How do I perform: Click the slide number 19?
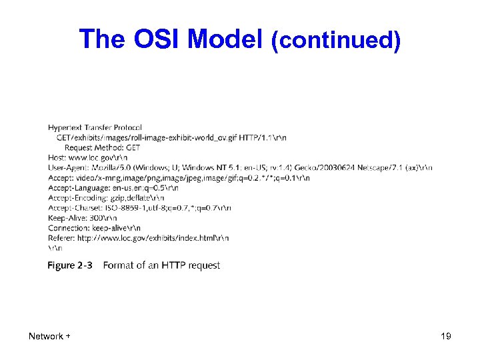click(x=445, y=336)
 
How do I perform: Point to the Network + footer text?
click(x=50, y=336)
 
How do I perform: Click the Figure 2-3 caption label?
click(x=70, y=265)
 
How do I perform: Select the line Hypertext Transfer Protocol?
click(x=95, y=127)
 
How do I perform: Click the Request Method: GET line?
click(x=102, y=147)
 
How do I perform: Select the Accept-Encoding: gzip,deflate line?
click(x=106, y=198)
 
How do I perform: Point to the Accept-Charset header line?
click(x=139, y=208)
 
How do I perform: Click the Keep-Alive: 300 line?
click(x=83, y=218)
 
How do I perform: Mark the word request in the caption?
click(x=205, y=265)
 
